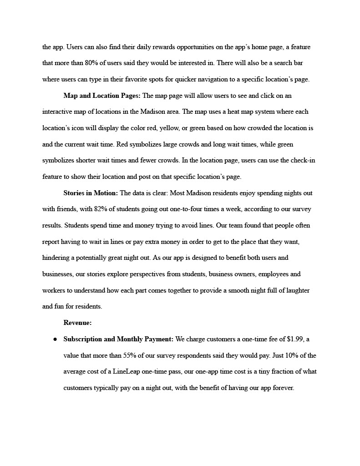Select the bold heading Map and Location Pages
coord(102,96)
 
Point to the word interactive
coord(59,112)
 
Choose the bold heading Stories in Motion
coord(91,193)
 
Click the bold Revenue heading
coord(77,323)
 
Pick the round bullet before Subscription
coord(55,339)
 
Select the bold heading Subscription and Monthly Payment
coord(118,339)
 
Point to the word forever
coord(283,388)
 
